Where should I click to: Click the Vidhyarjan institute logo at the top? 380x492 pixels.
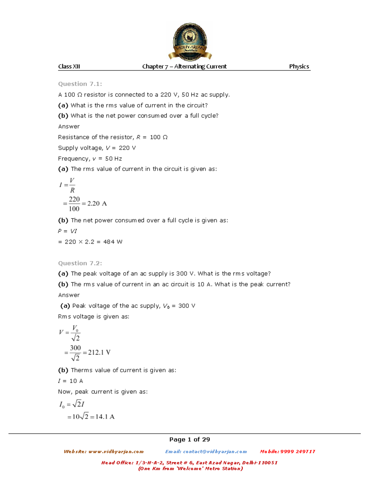click(190, 42)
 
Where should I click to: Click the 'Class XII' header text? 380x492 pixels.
click(69, 67)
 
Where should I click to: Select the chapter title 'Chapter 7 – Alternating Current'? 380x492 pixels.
click(184, 67)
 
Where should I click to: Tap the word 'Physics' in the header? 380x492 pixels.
click(299, 67)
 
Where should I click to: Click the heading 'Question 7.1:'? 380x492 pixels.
click(80, 84)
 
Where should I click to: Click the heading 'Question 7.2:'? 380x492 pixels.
click(80, 263)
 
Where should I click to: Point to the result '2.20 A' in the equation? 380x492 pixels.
click(97, 203)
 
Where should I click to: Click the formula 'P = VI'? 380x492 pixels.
click(67, 231)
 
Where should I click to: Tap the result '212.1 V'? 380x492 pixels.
click(99, 352)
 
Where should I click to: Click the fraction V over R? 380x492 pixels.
click(72, 185)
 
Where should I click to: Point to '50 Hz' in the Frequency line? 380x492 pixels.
click(113, 159)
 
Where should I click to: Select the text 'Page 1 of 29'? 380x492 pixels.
click(189, 439)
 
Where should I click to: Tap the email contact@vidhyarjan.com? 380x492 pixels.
click(215, 451)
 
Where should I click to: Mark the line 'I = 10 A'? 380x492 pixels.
click(70, 381)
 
